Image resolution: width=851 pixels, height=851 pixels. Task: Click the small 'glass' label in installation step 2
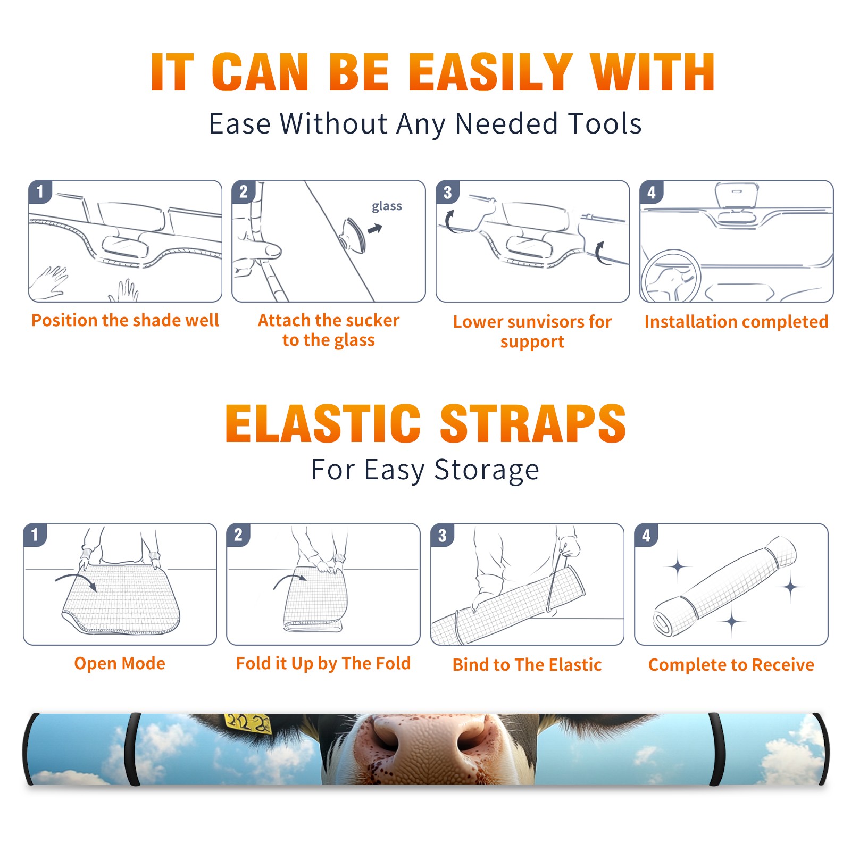tap(387, 206)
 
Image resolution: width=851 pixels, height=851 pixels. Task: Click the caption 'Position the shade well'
tap(125, 320)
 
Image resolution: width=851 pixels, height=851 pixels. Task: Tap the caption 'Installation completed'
tap(736, 322)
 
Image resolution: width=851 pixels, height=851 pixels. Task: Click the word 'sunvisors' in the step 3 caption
tap(538, 322)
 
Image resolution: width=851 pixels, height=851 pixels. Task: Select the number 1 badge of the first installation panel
tap(40, 192)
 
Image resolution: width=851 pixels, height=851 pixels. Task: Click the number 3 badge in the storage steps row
tap(443, 535)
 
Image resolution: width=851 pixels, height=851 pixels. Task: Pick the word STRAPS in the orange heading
tap(533, 423)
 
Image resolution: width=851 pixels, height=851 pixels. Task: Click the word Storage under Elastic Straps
tap(487, 470)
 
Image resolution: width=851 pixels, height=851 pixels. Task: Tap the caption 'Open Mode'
tap(120, 663)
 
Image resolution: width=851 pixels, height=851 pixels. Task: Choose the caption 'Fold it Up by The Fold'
tap(323, 663)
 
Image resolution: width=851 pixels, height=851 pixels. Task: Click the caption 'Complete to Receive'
tap(731, 665)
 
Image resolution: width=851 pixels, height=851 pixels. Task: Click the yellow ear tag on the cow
tap(248, 722)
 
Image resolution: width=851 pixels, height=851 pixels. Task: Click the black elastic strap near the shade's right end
tap(716, 749)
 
